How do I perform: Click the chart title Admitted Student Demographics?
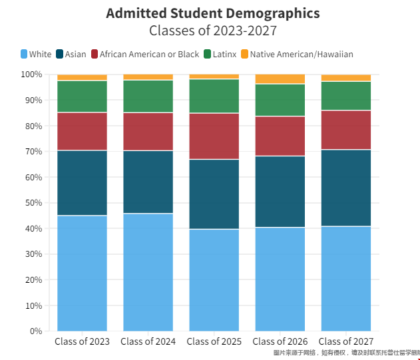(212, 13)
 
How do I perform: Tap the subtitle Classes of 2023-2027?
(212, 31)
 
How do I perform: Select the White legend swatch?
(25, 54)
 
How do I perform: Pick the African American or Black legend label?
(149, 54)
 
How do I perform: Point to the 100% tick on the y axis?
(32, 75)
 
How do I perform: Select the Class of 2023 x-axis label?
(82, 342)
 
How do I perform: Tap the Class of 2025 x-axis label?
(214, 342)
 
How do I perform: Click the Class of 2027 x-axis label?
(346, 342)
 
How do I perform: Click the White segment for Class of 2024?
(148, 272)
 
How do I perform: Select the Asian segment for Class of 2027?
(346, 188)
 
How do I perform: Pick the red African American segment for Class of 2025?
(214, 136)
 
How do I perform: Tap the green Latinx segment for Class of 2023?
(82, 96)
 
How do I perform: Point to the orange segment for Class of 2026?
(280, 79)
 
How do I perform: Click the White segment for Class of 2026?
(280, 279)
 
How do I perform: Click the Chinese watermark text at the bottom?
(346, 353)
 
